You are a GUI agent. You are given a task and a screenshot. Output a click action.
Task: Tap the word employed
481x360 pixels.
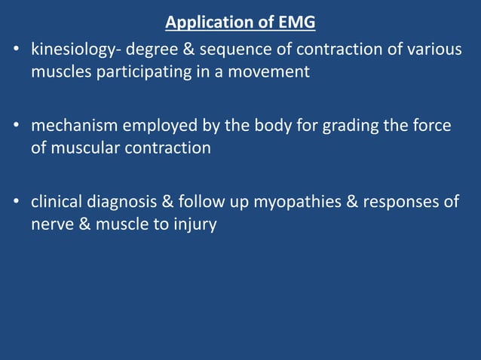point(151,126)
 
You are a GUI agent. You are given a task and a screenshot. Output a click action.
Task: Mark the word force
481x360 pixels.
point(431,126)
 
